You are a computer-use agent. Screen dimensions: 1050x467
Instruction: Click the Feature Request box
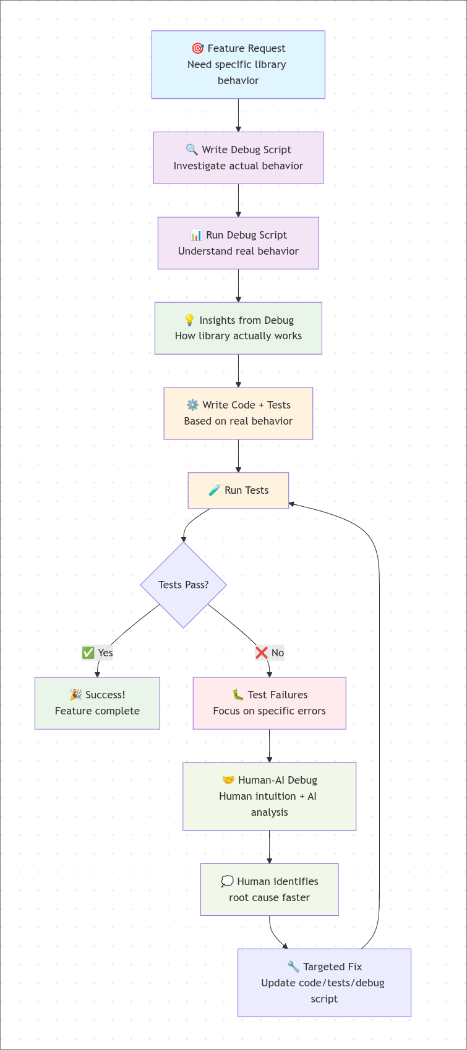238,65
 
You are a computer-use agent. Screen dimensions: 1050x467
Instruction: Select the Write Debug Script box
238,158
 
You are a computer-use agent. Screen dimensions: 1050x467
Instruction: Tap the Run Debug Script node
238,243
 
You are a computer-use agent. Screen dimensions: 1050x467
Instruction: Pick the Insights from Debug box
238,328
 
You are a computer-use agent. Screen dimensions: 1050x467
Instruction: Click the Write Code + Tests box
238,413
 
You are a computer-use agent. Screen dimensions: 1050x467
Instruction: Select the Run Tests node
238,491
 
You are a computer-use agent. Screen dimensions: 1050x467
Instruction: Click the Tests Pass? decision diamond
183,585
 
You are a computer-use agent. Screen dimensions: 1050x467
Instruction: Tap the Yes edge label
98,653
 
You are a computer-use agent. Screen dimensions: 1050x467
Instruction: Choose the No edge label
270,653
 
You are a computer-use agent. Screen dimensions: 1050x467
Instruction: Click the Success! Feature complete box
97,703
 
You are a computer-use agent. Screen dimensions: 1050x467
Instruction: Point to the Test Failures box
269,703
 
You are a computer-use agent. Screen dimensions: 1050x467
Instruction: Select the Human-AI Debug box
269,796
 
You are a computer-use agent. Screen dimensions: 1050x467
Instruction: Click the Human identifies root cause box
269,889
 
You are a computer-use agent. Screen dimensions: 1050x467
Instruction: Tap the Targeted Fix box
324,983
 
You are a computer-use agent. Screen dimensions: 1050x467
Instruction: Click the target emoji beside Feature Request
197,48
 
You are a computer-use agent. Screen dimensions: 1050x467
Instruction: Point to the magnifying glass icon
192,150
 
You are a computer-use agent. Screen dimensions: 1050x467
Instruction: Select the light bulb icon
189,320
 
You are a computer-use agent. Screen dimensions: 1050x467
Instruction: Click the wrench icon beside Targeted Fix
293,967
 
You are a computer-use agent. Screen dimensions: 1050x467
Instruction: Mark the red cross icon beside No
262,653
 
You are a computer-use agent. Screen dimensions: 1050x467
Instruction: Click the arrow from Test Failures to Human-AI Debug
269,746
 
